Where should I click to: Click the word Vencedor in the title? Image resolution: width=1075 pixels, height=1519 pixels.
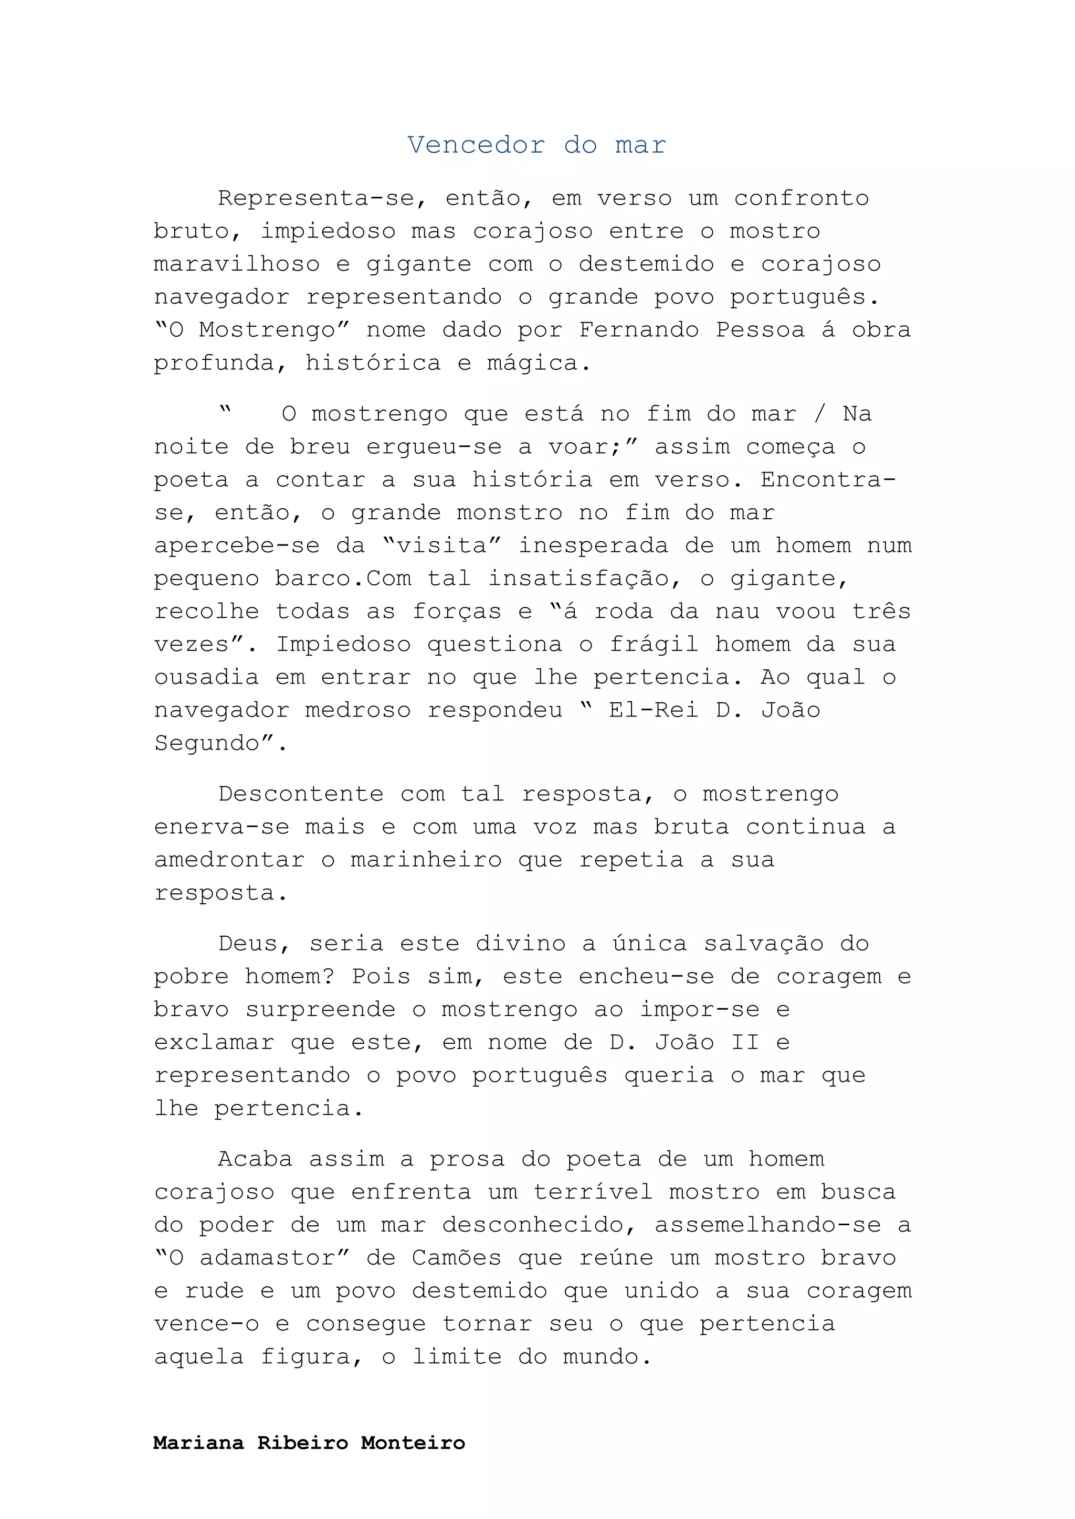476,145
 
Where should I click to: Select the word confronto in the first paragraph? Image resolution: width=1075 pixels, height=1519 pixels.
801,198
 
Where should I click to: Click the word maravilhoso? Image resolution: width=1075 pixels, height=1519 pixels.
236,264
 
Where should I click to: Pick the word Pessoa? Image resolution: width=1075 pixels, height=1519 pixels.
760,329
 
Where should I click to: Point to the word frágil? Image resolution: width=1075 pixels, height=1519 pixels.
654,645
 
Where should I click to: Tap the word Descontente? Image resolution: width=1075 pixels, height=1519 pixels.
301,794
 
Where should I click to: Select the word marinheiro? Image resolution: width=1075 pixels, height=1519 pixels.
426,860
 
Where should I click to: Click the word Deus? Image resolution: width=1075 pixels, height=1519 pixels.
249,944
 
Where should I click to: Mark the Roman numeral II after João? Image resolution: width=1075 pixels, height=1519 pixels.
745,1043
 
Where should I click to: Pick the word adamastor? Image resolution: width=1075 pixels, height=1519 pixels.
266,1258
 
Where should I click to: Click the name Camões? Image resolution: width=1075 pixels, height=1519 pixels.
456,1258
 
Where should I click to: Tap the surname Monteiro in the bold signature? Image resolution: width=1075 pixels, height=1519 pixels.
413,1443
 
